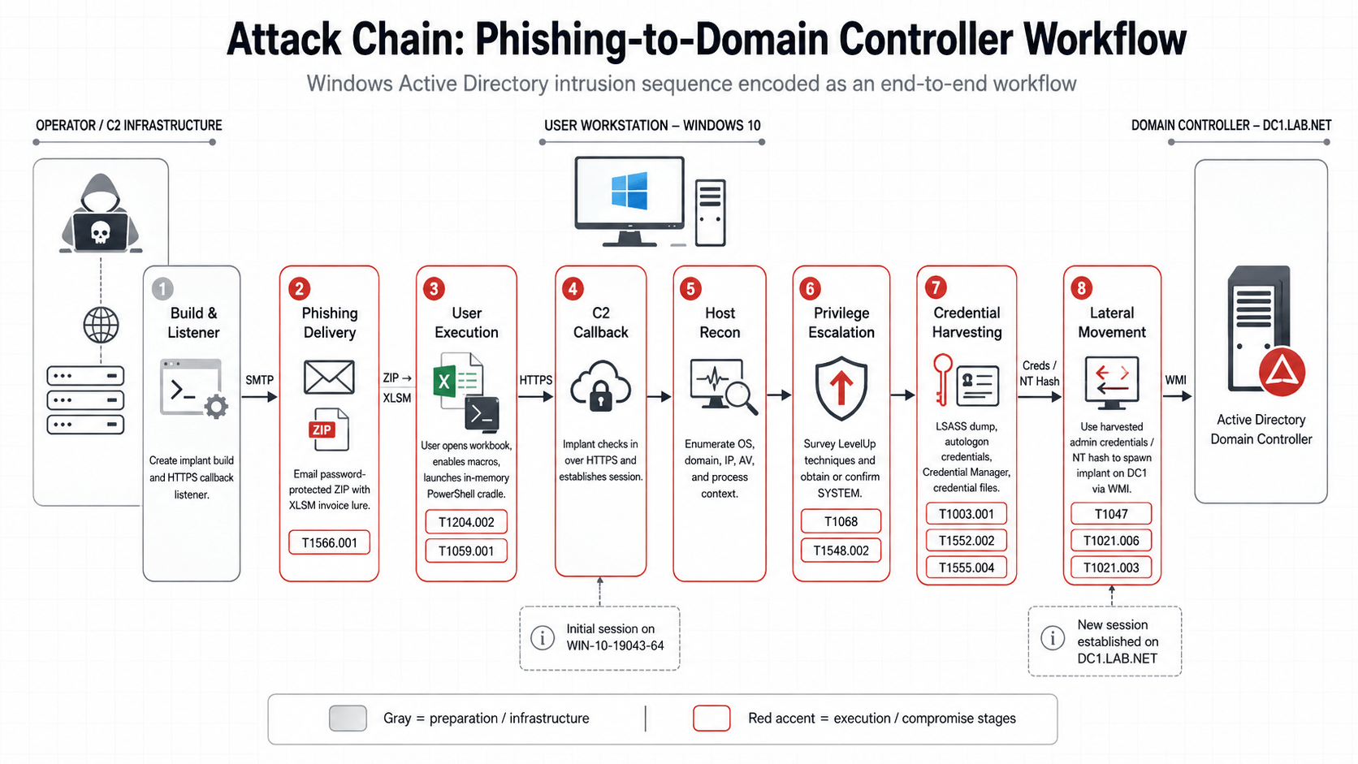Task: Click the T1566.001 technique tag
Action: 329,542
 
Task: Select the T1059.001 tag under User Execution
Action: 466,550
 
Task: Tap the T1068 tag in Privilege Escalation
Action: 841,521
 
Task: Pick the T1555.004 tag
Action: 967,568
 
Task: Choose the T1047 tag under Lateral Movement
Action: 1111,514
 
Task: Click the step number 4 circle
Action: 573,289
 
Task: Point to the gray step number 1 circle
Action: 162,289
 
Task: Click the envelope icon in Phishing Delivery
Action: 329,377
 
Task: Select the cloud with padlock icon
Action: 600,386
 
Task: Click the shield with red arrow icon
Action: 841,388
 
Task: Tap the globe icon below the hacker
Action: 101,326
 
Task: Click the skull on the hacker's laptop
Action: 101,232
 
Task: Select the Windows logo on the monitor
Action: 629,190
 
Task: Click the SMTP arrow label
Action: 259,380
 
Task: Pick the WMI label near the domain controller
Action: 1175,380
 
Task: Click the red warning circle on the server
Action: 1282,372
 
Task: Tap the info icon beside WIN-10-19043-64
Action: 542,637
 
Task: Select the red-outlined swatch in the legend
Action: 711,718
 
